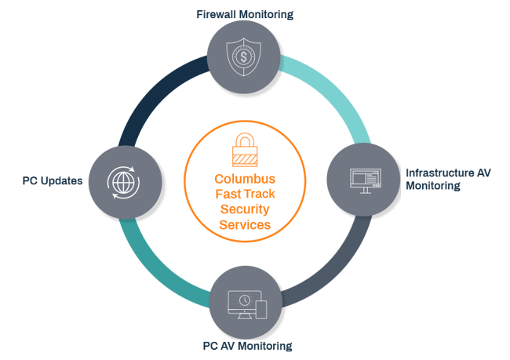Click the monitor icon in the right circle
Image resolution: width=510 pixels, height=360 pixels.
coord(363,179)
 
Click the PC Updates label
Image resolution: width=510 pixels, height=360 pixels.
coord(53,180)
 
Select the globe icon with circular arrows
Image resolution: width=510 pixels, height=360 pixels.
coord(122,180)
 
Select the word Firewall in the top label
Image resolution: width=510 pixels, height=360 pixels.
coord(213,13)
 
